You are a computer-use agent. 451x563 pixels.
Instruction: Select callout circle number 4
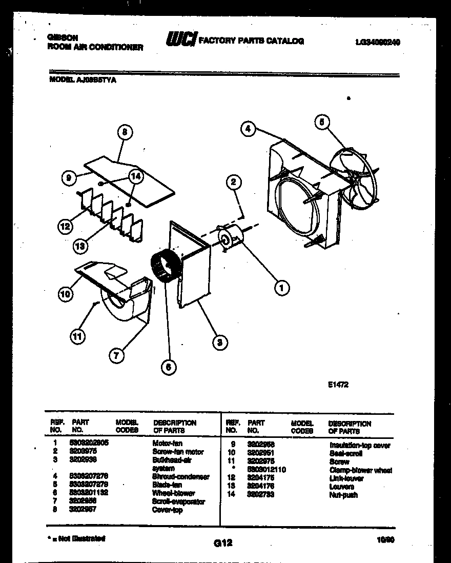(x=248, y=129)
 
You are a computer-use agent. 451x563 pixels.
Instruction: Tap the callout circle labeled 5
(x=321, y=122)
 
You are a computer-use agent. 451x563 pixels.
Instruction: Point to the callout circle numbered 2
(x=233, y=182)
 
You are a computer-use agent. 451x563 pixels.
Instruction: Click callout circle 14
(x=135, y=176)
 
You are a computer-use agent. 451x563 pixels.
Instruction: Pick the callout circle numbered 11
(x=78, y=336)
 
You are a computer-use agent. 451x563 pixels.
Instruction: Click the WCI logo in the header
(x=180, y=40)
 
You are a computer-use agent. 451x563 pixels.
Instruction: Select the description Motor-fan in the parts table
(x=167, y=443)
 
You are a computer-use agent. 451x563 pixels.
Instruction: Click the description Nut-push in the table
(x=343, y=495)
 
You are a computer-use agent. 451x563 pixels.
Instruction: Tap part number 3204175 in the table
(x=260, y=478)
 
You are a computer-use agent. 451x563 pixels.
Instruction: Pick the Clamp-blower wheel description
(x=361, y=470)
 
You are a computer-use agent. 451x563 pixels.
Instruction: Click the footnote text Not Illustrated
(x=77, y=538)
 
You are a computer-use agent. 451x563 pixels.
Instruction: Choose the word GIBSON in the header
(x=63, y=37)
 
